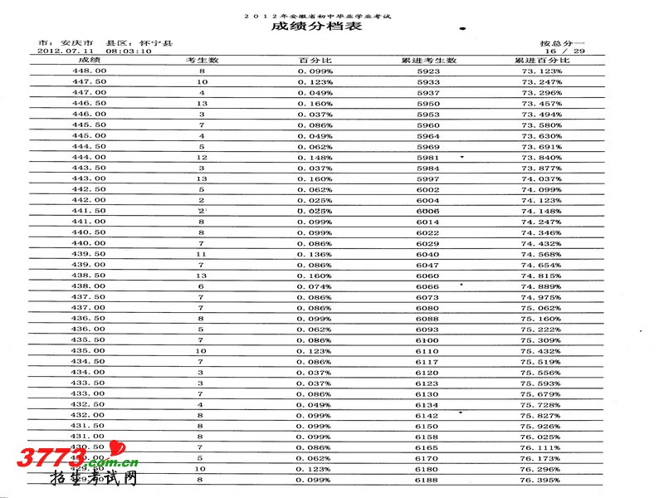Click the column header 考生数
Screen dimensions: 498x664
pyautogui.click(x=202, y=61)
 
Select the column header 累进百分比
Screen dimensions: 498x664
pyautogui.click(x=541, y=61)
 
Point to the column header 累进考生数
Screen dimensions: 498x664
pyautogui.click(x=428, y=61)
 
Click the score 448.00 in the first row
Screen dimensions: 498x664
pyautogui.click(x=89, y=71)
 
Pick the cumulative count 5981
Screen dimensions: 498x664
pyautogui.click(x=428, y=158)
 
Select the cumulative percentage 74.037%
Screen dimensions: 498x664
pyautogui.click(x=541, y=178)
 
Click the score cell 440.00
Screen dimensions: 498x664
pyautogui.click(x=89, y=243)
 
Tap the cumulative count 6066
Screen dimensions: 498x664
pyautogui.click(x=428, y=286)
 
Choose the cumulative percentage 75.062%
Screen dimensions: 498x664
pyautogui.click(x=541, y=308)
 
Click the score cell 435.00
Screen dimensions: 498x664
pyautogui.click(x=89, y=350)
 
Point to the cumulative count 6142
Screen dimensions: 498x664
pyautogui.click(x=428, y=415)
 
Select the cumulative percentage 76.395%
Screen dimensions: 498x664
pyautogui.click(x=541, y=480)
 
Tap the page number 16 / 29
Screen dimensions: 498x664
pyautogui.click(x=567, y=51)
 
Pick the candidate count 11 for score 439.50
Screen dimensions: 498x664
pyautogui.click(x=202, y=254)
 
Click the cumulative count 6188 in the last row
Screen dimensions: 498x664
pyautogui.click(x=428, y=480)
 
